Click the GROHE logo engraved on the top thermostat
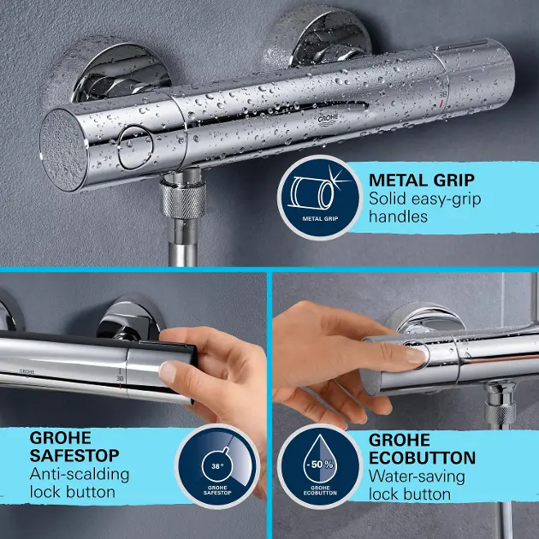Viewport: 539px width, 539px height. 328,119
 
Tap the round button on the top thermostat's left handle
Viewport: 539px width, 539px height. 135,147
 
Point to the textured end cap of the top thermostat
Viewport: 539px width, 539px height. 64,150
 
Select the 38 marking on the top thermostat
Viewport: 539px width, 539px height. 443,93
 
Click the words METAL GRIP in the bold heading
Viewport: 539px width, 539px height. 422,180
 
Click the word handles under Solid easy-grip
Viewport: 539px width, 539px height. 398,217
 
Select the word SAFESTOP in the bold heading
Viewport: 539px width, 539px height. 74,455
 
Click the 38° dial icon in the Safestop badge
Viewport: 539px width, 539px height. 216,465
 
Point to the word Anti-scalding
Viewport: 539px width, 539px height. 80,474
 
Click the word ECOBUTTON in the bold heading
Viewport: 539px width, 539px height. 422,458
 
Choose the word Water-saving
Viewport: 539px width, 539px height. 417,477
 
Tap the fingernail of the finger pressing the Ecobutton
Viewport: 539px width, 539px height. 416,356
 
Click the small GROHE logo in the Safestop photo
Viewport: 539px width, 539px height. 27,371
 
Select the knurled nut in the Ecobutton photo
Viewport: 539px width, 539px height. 500,413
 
